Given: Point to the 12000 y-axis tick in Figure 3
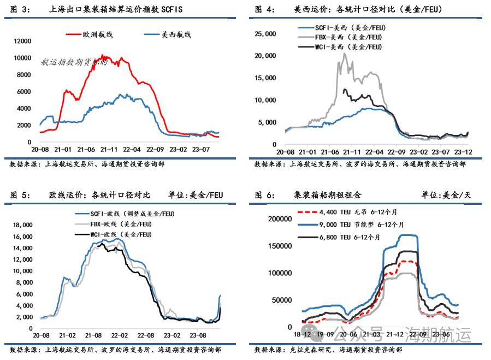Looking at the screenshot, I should coord(23,41).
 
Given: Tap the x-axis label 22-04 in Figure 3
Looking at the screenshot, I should coord(133,149).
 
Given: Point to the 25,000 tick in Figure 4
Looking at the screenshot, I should coord(265,34).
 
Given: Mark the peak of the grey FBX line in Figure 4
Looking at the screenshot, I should coord(344,53).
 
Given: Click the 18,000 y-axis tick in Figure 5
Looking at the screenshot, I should coord(22,225).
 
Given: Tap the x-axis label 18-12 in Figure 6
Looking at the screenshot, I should coord(303,333).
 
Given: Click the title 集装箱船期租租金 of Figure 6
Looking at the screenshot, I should coord(327,195).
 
